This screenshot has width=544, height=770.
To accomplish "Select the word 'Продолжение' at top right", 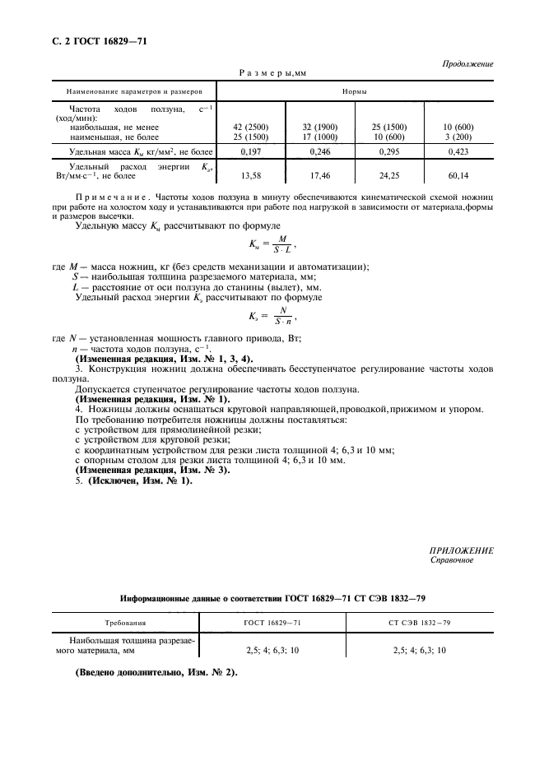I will pos(467,63).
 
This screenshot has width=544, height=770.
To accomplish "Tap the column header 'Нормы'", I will pos(354,91).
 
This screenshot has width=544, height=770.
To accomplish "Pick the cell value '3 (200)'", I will pos(458,137).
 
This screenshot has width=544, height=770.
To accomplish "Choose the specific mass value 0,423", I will pos(458,152).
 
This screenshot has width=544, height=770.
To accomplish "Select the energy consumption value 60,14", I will pos(458,174).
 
